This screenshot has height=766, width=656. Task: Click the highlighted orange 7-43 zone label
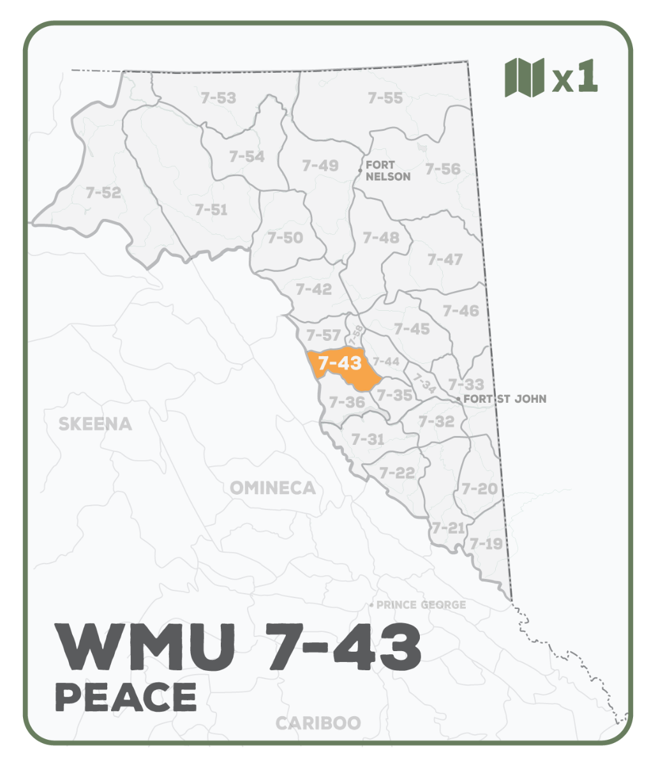[340, 363]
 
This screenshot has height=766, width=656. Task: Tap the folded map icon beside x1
[525, 77]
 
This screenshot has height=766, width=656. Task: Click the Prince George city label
[421, 605]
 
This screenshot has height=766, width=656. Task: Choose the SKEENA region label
[95, 424]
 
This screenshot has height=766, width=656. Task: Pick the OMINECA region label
[272, 488]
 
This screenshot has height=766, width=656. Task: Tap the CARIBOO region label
[318, 723]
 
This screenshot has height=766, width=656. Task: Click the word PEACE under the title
[126, 696]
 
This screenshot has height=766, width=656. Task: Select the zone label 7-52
[103, 192]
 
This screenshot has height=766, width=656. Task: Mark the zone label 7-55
[385, 98]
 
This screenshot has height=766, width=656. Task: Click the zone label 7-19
[486, 544]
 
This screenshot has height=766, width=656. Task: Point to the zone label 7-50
[285, 237]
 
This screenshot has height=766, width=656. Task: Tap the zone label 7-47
[445, 259]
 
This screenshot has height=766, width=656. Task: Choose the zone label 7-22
[397, 473]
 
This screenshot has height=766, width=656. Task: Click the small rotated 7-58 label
[357, 336]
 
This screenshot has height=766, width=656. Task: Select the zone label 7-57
[324, 335]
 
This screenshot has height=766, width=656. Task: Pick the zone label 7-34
[423, 382]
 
